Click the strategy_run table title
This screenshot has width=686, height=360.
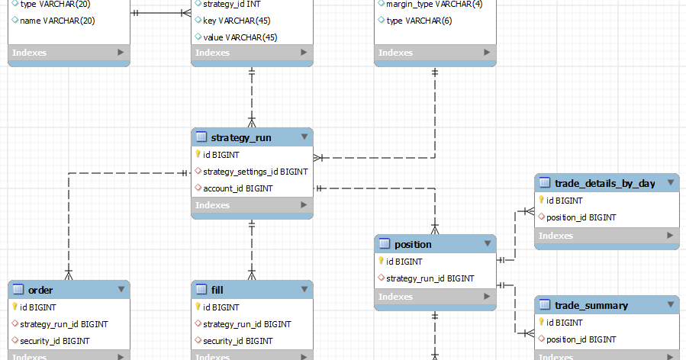[x=240, y=137]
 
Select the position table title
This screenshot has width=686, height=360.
[x=413, y=244]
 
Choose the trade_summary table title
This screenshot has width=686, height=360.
[x=591, y=305]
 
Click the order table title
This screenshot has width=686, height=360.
[x=40, y=290]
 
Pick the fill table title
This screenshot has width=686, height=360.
[x=217, y=290]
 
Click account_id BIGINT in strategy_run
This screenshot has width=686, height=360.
[x=238, y=188]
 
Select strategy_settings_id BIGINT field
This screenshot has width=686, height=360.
[x=255, y=172]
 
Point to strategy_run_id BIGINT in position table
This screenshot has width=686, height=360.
[x=430, y=278]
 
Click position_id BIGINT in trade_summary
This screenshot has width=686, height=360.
[x=581, y=339]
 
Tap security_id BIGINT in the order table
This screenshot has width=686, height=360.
[x=54, y=341]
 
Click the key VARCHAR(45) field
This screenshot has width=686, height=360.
[x=236, y=21]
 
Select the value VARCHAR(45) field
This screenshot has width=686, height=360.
[x=240, y=37]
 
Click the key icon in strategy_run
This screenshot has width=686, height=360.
[x=198, y=154]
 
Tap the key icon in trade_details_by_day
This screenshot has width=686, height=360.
[x=541, y=200]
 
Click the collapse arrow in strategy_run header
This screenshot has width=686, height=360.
[x=304, y=137]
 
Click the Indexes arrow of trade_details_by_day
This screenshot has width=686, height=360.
[x=669, y=236]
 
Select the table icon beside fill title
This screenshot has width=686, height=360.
[x=201, y=290]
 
